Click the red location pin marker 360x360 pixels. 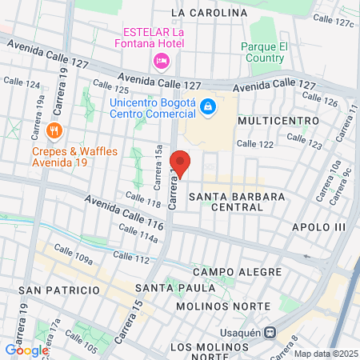pos(181,164)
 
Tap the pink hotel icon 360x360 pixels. pos(161,61)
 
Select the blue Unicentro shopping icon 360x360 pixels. pos(207,106)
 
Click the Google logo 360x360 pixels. pos(26,350)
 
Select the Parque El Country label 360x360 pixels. pos(263,52)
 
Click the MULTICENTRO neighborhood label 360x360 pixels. pos(273,120)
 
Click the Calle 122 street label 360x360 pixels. pos(255,144)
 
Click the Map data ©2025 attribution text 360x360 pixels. pos(324,354)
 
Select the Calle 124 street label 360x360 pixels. pos(22,83)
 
